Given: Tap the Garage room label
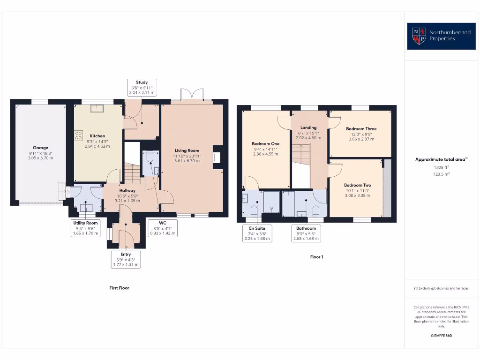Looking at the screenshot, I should (x=40, y=148).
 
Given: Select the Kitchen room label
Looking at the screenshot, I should (x=97, y=136).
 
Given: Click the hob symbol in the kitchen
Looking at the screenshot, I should (x=78, y=135).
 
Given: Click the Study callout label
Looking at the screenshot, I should (x=142, y=88).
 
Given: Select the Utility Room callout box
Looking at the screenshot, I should (x=85, y=228).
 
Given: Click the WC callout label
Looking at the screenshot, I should (x=163, y=228).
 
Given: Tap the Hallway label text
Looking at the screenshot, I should (x=127, y=190).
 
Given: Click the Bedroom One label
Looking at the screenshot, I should (x=265, y=143).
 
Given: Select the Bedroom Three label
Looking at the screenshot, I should (x=361, y=128).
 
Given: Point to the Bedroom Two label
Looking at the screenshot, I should (x=357, y=185).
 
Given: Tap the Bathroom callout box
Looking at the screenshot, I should (x=306, y=233).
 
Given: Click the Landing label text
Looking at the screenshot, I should (x=308, y=127).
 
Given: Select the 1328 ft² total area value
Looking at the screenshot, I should (x=441, y=167).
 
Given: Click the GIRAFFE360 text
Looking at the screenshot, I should (x=441, y=336).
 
